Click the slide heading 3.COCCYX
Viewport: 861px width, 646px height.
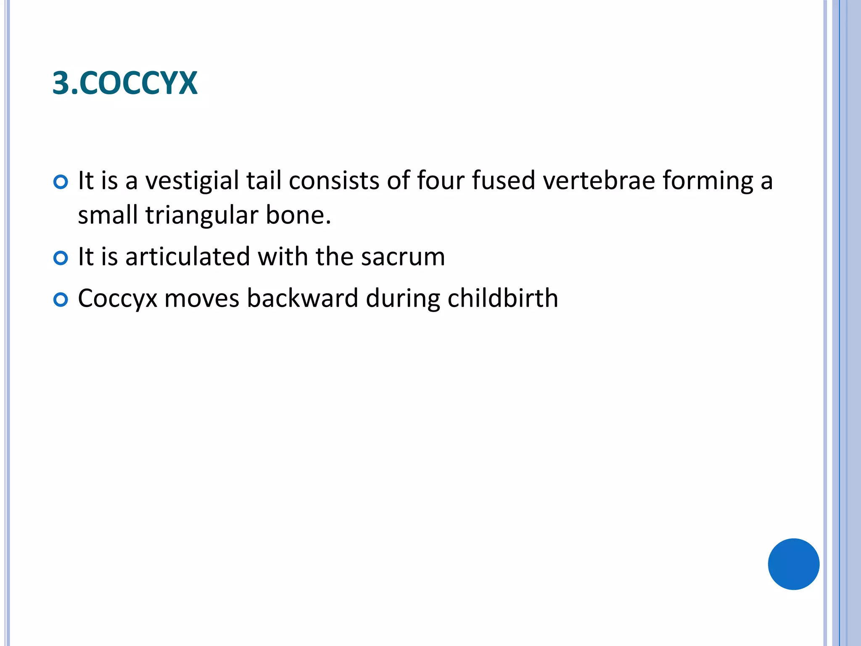pos(125,83)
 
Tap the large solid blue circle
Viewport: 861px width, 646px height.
pos(793,564)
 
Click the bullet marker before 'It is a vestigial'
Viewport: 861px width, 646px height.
pos(61,182)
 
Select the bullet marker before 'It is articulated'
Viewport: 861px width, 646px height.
pos(61,258)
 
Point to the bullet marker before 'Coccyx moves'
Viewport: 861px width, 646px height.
pos(61,300)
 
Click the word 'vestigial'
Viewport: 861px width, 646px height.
pos(192,181)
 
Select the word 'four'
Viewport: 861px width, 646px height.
pos(441,180)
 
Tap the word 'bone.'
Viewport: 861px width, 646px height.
pos(298,215)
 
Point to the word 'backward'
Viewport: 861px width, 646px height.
pos(302,298)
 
